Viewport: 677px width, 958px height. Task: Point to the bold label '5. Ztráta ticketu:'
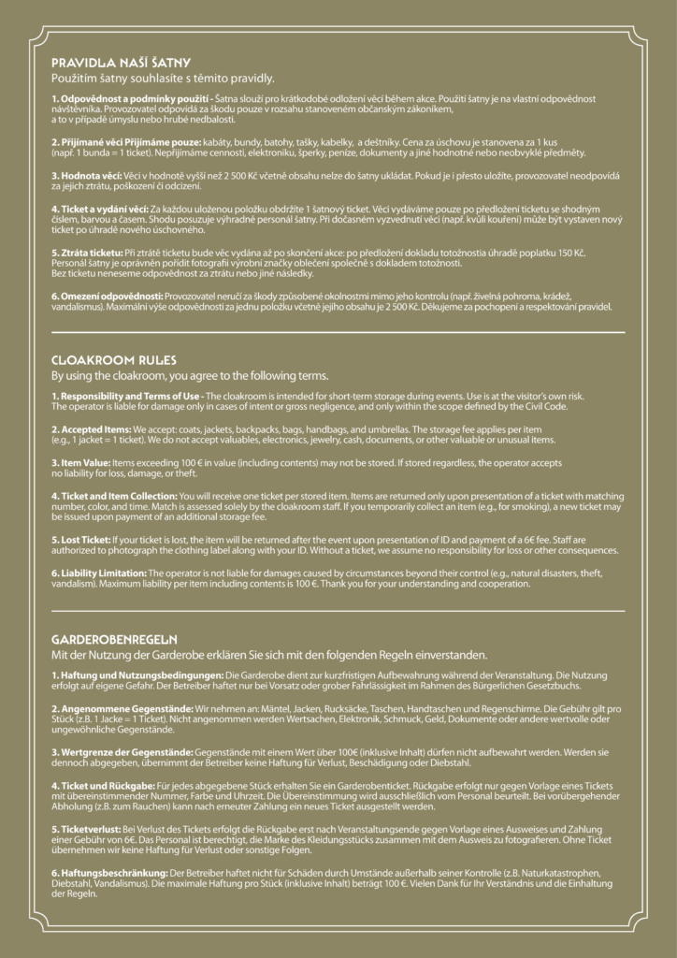click(x=87, y=253)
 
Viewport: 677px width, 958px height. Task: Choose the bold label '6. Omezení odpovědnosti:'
click(x=108, y=296)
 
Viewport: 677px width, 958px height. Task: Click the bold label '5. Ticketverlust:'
click(x=86, y=828)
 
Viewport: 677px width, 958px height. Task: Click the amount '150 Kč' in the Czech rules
click(x=581, y=253)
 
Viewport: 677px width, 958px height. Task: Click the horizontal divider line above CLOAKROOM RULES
click(x=338, y=332)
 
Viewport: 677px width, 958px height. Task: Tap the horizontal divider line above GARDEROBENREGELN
click(x=338, y=611)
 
